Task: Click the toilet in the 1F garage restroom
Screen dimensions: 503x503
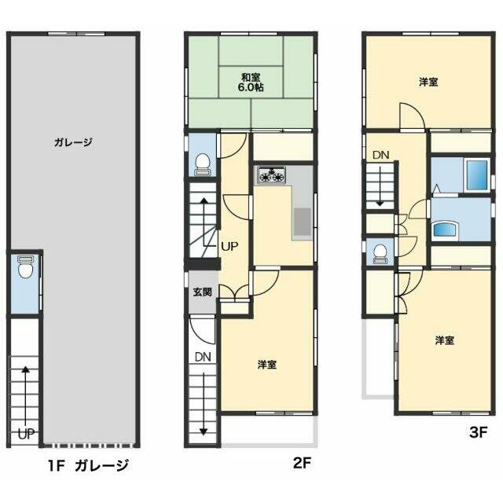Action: tap(25, 266)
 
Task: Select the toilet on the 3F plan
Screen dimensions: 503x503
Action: tap(380, 255)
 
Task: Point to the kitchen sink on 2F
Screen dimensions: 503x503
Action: tap(302, 222)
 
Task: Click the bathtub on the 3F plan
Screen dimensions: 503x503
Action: tap(477, 174)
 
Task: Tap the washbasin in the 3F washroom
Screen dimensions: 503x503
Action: tap(446, 229)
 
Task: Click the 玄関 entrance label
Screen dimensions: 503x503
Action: tap(203, 292)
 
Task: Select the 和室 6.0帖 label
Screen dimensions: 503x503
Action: tap(251, 83)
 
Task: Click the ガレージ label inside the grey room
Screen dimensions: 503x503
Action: tap(73, 142)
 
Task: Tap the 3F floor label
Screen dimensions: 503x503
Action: tap(479, 433)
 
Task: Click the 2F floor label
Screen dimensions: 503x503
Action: tap(302, 463)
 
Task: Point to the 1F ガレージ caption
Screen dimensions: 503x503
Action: tap(89, 465)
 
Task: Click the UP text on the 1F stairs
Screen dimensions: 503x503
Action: tap(26, 435)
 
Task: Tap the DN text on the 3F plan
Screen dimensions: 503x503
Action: tap(380, 156)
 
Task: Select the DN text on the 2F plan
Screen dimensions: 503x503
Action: tap(203, 357)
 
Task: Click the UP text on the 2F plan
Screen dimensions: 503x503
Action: tap(229, 246)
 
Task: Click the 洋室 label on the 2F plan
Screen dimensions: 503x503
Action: tap(267, 365)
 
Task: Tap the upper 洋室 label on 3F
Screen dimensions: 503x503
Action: tap(428, 82)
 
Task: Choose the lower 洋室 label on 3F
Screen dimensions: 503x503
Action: tap(445, 340)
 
